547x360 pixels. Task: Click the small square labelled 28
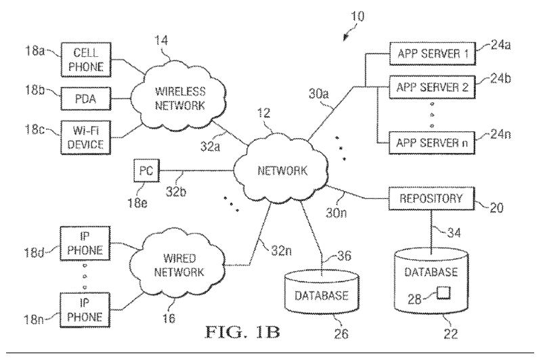tap(443, 293)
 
